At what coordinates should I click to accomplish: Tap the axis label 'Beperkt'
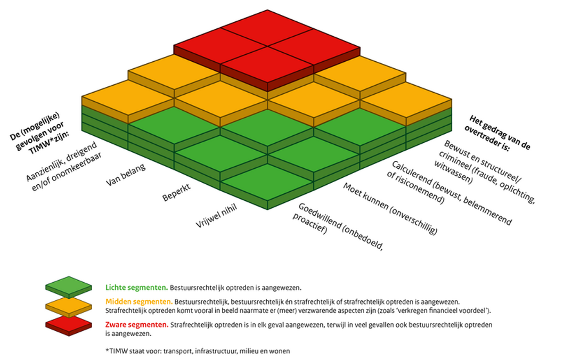[177, 193]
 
